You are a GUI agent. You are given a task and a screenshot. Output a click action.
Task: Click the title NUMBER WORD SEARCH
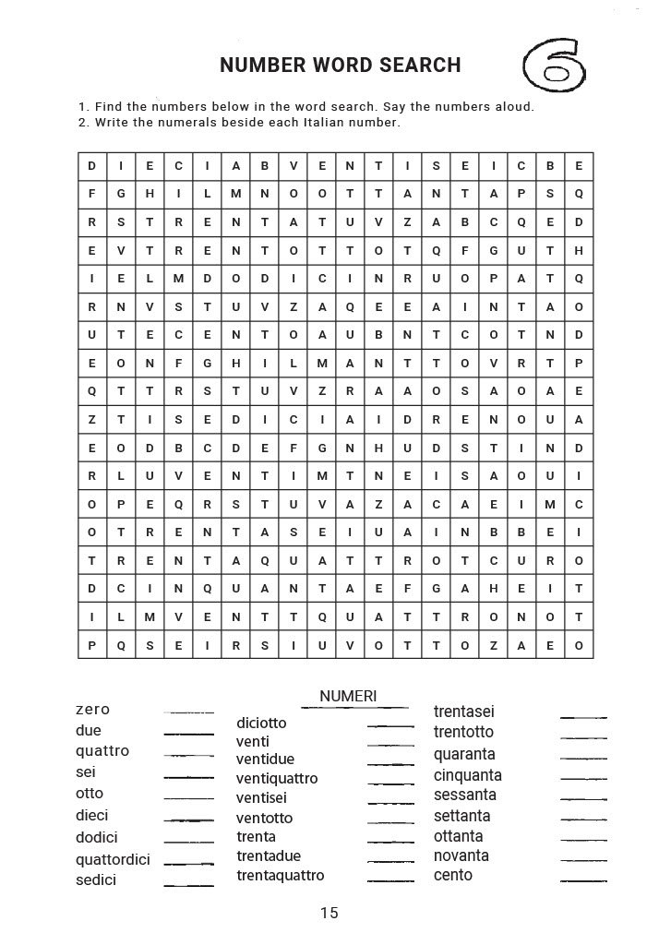tap(341, 66)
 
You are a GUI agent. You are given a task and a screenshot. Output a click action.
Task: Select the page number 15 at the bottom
tap(330, 913)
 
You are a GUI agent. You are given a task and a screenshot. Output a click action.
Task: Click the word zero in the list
tap(92, 709)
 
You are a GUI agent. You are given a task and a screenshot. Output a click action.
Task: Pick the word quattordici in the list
tap(113, 859)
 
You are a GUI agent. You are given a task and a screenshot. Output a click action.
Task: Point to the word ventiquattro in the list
tap(277, 778)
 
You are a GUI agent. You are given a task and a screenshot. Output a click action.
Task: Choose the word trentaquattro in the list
tap(281, 875)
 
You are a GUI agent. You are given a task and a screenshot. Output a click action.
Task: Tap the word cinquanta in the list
tap(468, 775)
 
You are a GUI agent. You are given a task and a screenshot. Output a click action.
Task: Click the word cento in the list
tap(453, 875)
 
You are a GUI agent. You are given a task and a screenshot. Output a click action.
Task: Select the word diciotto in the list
tap(261, 723)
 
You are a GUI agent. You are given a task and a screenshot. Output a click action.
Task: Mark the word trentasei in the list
tap(464, 712)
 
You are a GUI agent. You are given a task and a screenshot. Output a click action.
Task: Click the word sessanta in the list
tap(465, 795)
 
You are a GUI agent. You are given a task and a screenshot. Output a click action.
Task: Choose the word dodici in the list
tap(97, 837)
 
